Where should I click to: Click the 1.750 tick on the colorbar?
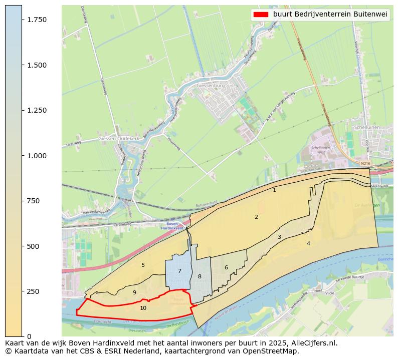coord(23,20)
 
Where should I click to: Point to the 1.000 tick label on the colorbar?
coord(37,156)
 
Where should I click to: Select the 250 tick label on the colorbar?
coord(33,291)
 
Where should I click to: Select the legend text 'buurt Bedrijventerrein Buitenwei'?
coord(330,15)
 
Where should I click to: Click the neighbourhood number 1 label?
coord(274,190)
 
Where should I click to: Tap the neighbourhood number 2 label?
coord(256,217)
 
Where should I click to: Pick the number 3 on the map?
coord(279,237)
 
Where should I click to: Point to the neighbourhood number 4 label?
coord(308,243)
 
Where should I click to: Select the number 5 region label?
coord(143,265)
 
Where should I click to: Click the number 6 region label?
coord(226,267)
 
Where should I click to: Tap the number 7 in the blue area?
coord(179,271)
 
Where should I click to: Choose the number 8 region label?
coord(200,276)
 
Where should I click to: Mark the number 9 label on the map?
coord(134,292)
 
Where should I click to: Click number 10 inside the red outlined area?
coord(143,308)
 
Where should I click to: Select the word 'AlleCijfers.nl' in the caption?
coord(313,343)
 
